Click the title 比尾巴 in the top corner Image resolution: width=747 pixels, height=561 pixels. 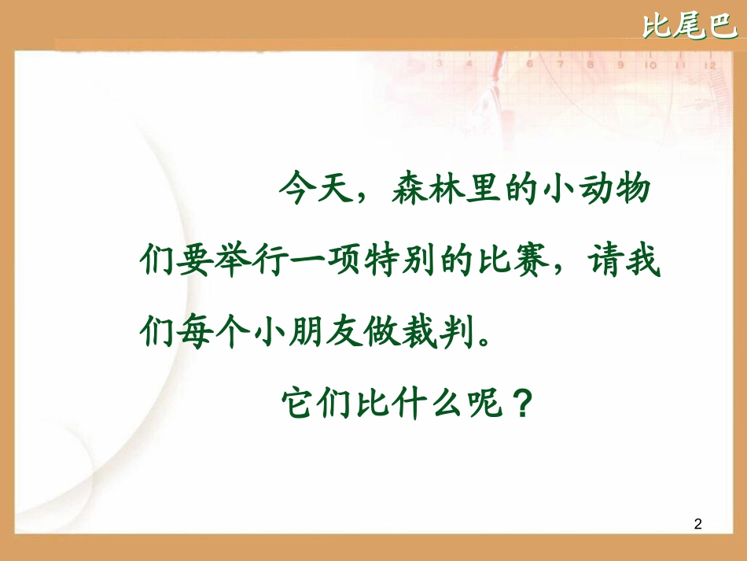pyautogui.click(x=688, y=26)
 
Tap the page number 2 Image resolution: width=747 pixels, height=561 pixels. pyautogui.click(x=699, y=523)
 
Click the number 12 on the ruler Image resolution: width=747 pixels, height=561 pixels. pyautogui.click(x=709, y=65)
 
